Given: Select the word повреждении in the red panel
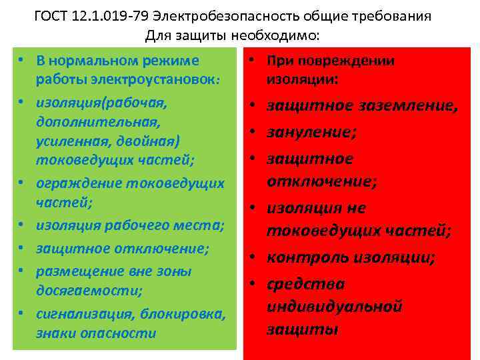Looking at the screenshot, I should coord(344,61).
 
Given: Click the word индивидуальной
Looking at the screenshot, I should coord(335,306).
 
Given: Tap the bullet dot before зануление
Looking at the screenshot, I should coord(255,133).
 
